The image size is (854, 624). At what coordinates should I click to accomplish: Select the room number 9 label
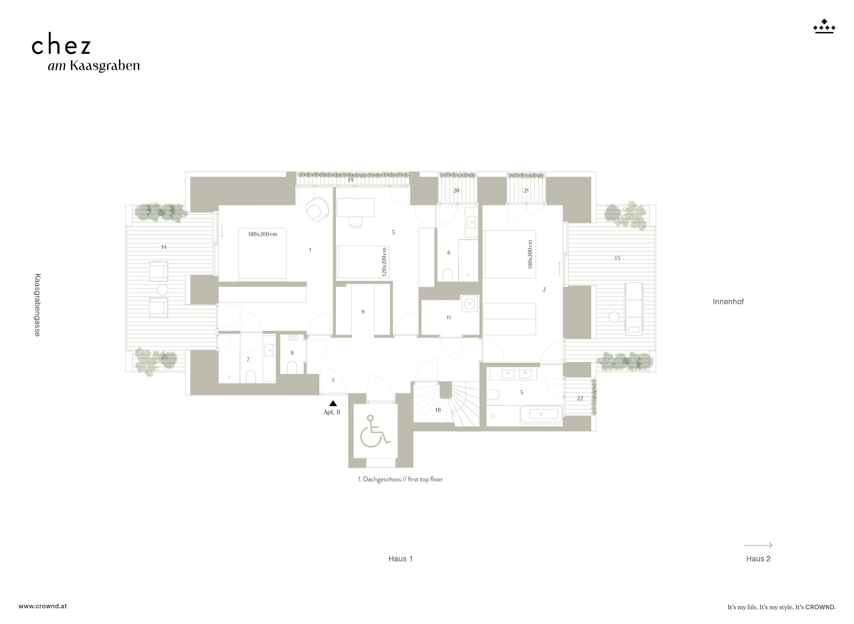click(x=363, y=312)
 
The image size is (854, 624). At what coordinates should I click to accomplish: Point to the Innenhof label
click(x=728, y=301)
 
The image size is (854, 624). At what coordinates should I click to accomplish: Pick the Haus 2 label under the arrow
click(x=758, y=559)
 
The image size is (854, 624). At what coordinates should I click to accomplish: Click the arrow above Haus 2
click(x=758, y=545)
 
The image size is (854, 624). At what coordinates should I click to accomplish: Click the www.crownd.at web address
click(x=43, y=606)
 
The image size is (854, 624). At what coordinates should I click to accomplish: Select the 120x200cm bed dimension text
click(x=384, y=262)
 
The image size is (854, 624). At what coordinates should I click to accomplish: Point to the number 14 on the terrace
click(x=164, y=247)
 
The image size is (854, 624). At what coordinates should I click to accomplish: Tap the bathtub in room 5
click(x=541, y=414)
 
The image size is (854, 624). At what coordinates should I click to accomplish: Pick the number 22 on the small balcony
click(x=580, y=398)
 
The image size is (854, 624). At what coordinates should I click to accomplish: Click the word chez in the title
click(x=61, y=46)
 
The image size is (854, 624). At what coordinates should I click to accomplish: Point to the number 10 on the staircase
click(x=438, y=410)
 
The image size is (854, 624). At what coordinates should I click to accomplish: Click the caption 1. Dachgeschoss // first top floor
click(x=400, y=479)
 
